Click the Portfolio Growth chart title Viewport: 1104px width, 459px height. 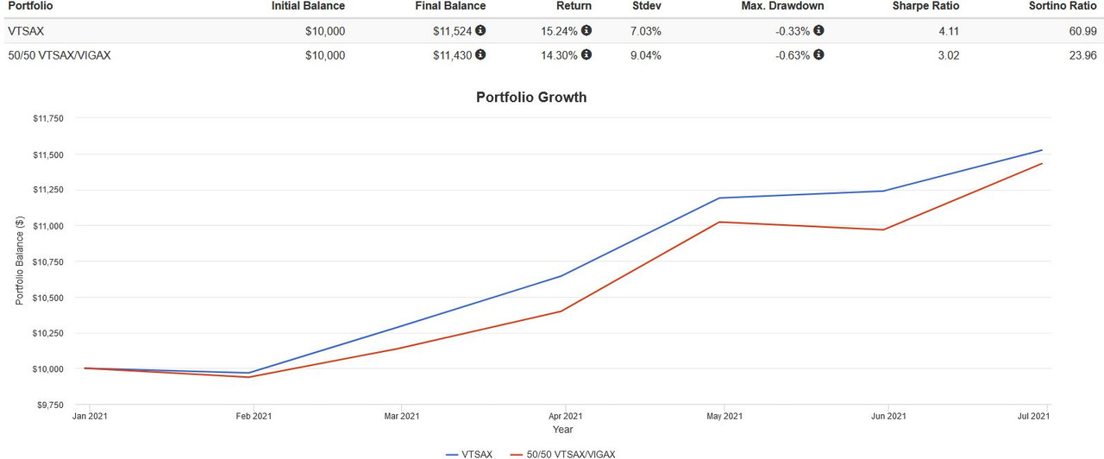tap(531, 97)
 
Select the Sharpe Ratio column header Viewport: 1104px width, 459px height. tap(926, 6)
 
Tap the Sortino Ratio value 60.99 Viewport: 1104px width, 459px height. tap(1083, 31)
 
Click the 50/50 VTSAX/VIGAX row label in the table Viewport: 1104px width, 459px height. tap(59, 55)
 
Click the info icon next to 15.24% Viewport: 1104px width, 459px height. tap(586, 30)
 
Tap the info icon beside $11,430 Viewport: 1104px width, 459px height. tap(480, 54)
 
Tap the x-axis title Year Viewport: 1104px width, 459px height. tap(562, 430)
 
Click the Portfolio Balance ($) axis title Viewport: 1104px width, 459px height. tap(19, 261)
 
